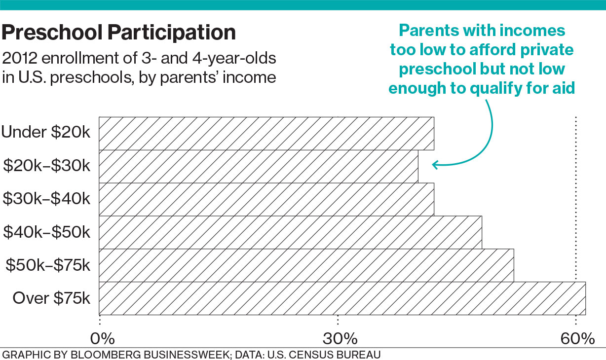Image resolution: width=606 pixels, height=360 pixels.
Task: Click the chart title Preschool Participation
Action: (x=119, y=33)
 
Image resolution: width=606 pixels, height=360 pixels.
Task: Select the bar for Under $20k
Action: (x=266, y=133)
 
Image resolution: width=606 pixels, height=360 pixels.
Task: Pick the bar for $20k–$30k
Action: (x=258, y=166)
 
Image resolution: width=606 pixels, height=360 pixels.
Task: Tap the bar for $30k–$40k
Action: (x=266, y=199)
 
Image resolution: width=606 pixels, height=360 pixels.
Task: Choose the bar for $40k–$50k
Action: (x=290, y=232)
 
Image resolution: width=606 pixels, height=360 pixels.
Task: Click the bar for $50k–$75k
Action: (x=306, y=265)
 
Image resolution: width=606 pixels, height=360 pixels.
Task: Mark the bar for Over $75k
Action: (x=342, y=298)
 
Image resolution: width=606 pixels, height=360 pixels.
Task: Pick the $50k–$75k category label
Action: (x=48, y=265)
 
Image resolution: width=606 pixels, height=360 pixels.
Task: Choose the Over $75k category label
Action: (x=51, y=298)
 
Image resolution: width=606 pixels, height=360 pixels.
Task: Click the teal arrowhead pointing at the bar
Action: (x=435, y=165)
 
